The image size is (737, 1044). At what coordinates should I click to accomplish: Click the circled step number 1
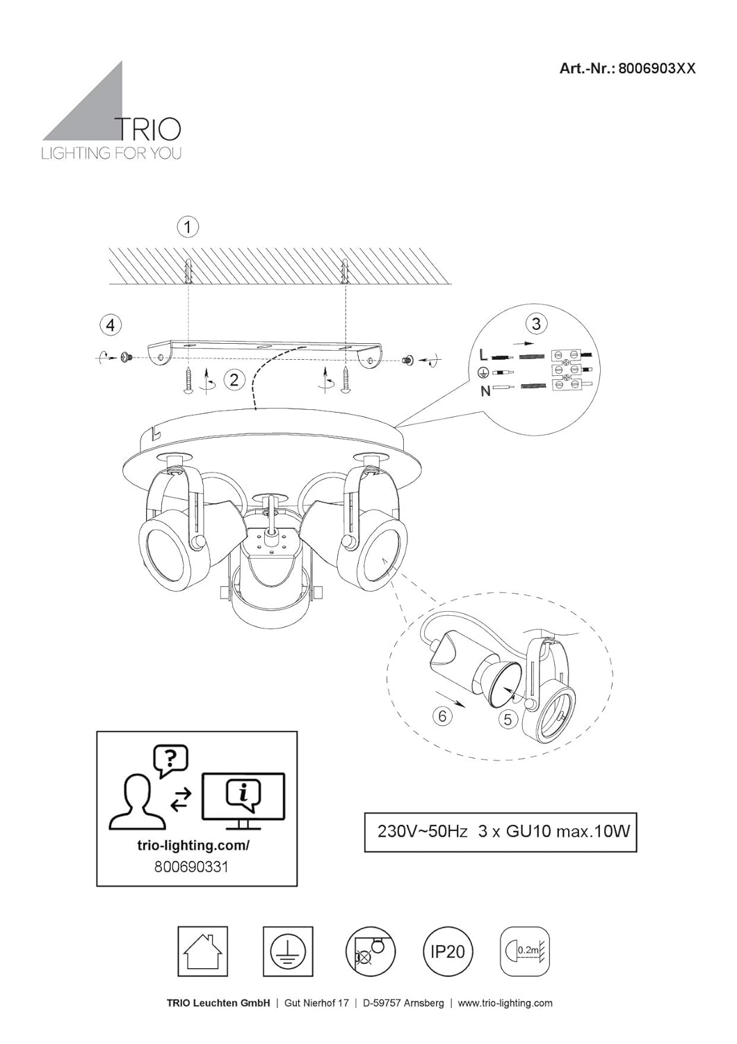click(x=188, y=227)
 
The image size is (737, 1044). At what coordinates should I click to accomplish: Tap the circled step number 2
click(x=234, y=379)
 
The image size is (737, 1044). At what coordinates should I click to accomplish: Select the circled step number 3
click(x=536, y=324)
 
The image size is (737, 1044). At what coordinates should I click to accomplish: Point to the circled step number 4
click(x=111, y=325)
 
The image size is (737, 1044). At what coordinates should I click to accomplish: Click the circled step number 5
click(x=508, y=719)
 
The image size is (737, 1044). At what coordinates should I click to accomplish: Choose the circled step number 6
click(x=442, y=715)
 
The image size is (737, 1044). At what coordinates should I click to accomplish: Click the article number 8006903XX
click(x=657, y=68)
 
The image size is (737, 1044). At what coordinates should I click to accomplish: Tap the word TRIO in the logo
click(x=149, y=129)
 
